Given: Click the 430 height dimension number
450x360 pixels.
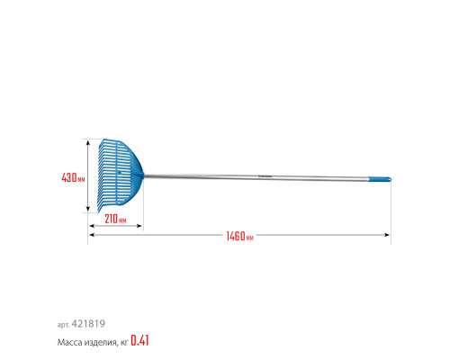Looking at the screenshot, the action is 69,177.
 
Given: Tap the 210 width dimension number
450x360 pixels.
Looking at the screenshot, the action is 111,219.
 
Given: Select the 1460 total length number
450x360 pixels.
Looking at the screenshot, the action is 236,236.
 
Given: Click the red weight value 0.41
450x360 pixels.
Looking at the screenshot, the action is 139,340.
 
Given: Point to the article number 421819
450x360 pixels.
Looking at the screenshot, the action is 88,324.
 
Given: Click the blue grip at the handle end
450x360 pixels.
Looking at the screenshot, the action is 380,179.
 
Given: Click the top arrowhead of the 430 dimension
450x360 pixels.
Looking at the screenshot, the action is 88,142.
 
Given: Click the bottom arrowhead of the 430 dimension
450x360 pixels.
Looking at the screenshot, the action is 88,209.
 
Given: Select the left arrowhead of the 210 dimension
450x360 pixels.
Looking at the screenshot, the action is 92,226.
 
